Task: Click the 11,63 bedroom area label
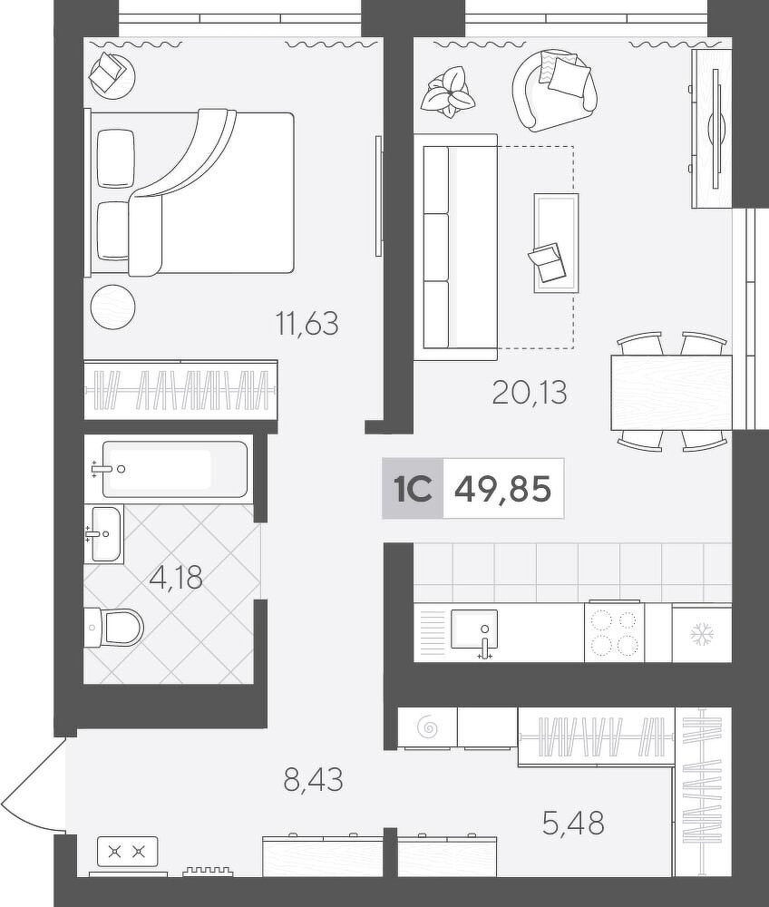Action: coord(307,324)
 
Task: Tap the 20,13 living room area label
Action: coord(530,393)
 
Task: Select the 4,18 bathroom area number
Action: coord(176,577)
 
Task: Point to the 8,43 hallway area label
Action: coord(314,779)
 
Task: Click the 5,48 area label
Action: coord(573,824)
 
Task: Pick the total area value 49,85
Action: coord(503,490)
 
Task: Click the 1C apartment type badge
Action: coord(413,490)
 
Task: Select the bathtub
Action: coord(175,469)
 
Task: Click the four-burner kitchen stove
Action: coord(614,631)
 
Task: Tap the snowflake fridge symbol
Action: coord(702,635)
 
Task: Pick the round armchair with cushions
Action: coord(554,90)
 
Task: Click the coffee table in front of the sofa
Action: coord(556,243)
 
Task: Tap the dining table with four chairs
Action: coord(671,392)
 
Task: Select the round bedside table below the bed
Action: coord(113,307)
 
